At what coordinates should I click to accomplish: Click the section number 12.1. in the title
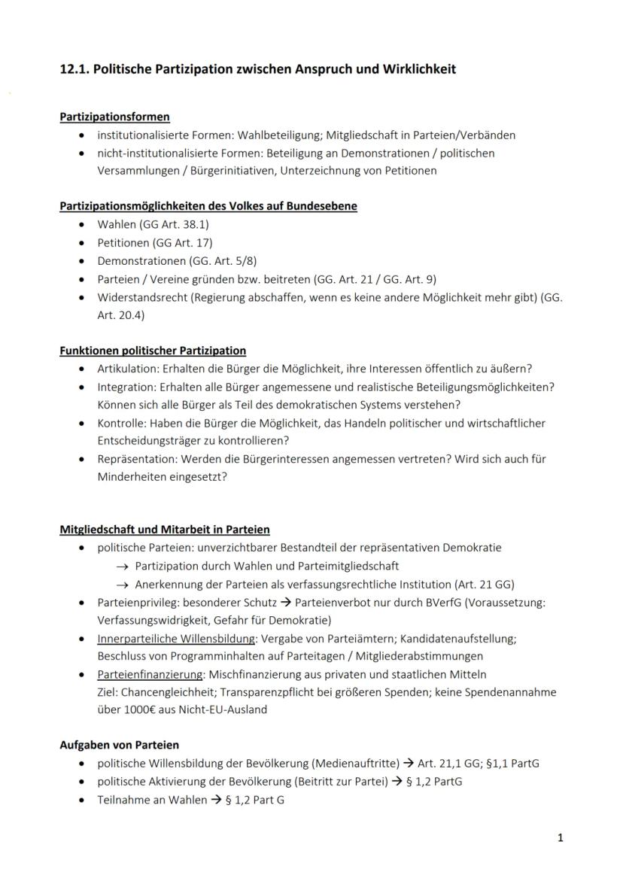(x=75, y=69)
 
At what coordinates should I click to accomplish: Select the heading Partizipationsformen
(x=114, y=117)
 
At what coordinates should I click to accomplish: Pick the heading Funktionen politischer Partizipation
(x=153, y=351)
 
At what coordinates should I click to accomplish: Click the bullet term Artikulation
(x=125, y=369)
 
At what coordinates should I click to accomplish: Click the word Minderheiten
(x=132, y=477)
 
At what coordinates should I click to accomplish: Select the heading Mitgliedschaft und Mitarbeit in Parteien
(x=165, y=530)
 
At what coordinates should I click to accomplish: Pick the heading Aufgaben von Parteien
(x=119, y=746)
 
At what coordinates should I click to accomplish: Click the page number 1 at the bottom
(x=560, y=838)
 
